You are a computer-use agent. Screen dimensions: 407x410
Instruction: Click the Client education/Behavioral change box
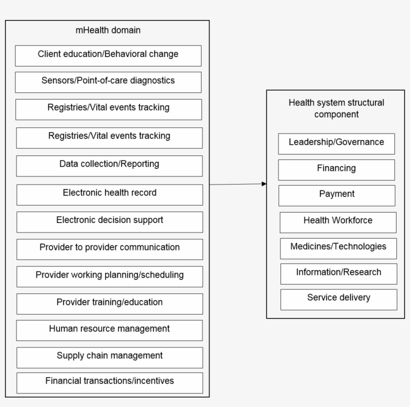pos(108,55)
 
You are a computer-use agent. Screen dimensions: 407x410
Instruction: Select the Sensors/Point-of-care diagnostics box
pos(108,82)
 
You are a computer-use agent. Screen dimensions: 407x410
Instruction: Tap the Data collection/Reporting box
pos(109,165)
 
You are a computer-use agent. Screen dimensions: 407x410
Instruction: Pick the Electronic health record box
pos(109,194)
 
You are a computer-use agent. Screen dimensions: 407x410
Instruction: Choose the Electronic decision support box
pos(109,221)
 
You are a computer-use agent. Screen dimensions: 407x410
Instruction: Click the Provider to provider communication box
pos(109,249)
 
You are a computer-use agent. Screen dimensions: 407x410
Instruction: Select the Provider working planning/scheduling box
pos(109,276)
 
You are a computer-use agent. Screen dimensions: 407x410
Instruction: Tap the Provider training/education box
pos(109,303)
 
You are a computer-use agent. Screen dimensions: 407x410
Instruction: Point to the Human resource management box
pos(109,330)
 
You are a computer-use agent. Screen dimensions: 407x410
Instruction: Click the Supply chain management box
pos(109,357)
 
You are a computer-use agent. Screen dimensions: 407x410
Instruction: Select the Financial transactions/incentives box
pos(109,382)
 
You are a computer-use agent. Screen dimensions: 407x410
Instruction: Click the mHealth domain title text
pos(108,30)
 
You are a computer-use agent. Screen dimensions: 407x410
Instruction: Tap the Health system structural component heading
pos(336,108)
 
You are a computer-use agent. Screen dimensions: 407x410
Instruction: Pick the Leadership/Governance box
pos(336,143)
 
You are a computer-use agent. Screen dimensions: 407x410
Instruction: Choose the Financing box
pos(336,169)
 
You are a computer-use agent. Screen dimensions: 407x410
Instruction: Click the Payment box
pos(336,195)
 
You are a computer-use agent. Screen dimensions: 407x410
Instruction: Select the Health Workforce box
pos(338,222)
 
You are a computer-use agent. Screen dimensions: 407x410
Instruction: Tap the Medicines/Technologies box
pos(338,248)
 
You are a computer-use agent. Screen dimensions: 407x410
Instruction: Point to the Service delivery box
pos(338,299)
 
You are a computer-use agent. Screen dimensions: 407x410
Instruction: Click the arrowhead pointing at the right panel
pos(264,184)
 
